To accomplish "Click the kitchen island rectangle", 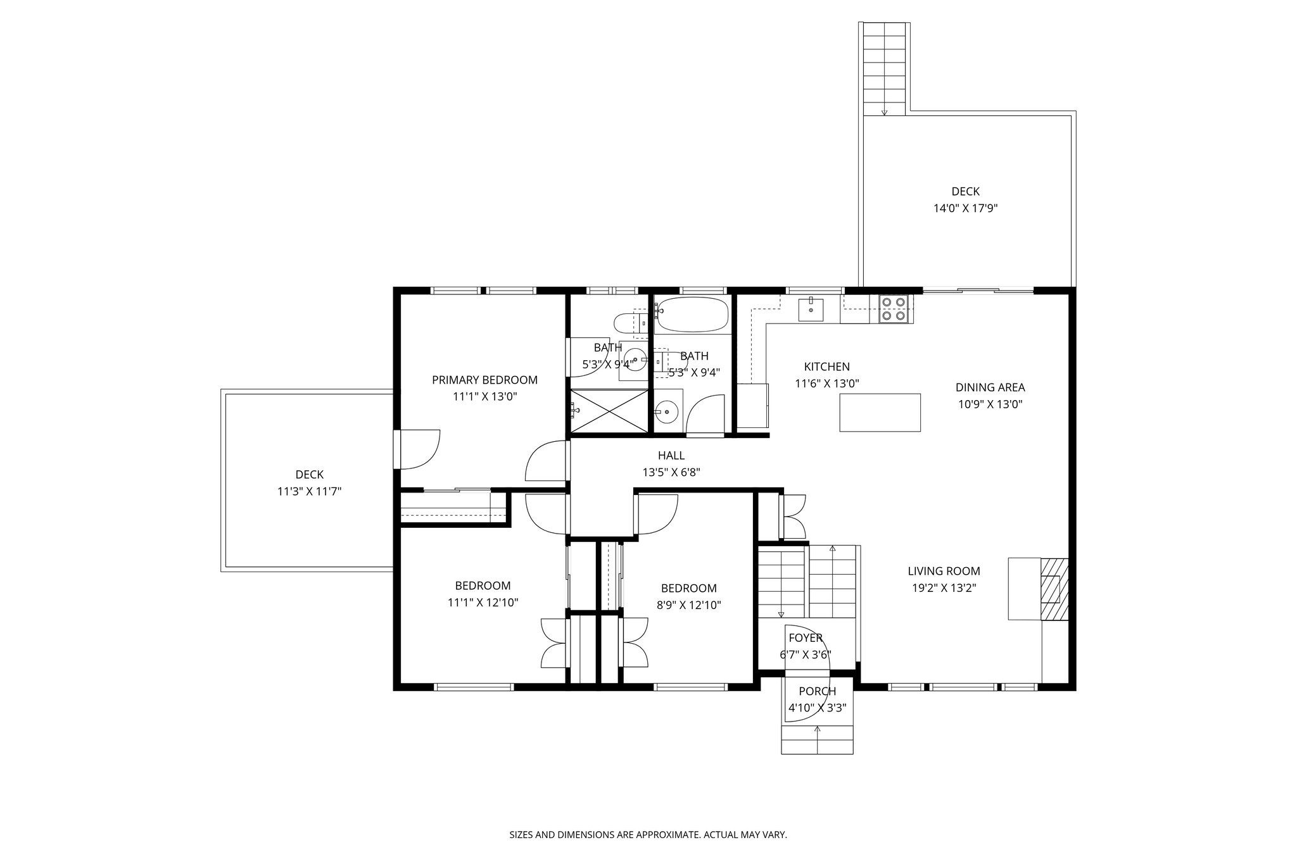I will tap(880, 412).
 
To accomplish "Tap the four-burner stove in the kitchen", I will tap(893, 309).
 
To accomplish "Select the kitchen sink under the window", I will tap(811, 310).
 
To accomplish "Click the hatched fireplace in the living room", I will tap(1054, 589).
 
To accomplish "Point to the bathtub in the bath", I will tap(692, 315).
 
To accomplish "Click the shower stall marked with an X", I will tap(609, 411).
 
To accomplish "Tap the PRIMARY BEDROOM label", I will tap(484, 380).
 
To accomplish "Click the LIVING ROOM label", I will tap(944, 571).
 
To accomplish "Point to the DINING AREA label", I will tap(990, 387).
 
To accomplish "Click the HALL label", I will tap(671, 455).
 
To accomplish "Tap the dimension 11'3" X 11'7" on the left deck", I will tap(309, 491).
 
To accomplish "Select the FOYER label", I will tap(805, 638).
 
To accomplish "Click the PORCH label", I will tap(817, 691).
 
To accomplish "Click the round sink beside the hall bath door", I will tap(666, 412).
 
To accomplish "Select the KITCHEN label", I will tap(826, 366).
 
